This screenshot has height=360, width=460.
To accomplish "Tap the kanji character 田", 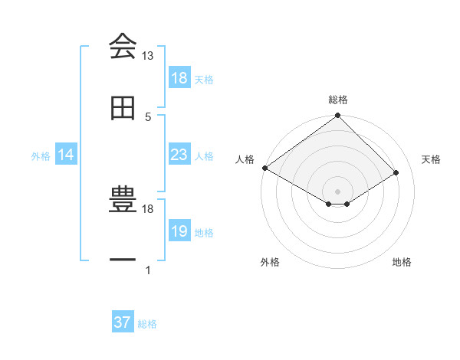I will (x=123, y=109).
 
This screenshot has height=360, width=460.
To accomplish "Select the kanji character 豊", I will (x=123, y=201).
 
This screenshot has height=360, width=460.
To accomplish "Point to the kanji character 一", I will (x=123, y=260).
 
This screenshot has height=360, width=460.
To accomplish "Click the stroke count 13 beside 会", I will (x=148, y=56).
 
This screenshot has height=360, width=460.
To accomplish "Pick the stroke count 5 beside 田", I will (x=148, y=116).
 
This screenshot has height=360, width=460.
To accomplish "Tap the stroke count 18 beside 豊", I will (x=148, y=208).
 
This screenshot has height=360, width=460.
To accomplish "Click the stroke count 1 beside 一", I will (x=148, y=270).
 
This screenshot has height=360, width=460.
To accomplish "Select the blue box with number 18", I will (x=179, y=78).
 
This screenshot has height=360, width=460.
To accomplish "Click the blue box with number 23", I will (x=179, y=155).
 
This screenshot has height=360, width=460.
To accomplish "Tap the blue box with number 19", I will (x=179, y=231).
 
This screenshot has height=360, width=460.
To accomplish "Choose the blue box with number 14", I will (x=66, y=155).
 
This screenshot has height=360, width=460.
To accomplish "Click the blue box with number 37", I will (x=123, y=322).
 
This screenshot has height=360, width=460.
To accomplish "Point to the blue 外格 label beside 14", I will (x=41, y=155).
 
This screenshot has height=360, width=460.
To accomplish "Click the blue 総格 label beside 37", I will (x=147, y=323).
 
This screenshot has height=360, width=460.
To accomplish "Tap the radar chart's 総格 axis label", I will (x=338, y=100).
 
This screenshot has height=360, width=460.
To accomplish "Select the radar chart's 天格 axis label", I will (x=431, y=159).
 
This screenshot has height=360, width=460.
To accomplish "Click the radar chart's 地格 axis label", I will (x=402, y=262).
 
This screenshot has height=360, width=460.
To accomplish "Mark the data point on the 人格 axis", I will (x=264, y=168).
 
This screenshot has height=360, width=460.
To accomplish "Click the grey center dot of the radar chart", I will (x=338, y=191).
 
